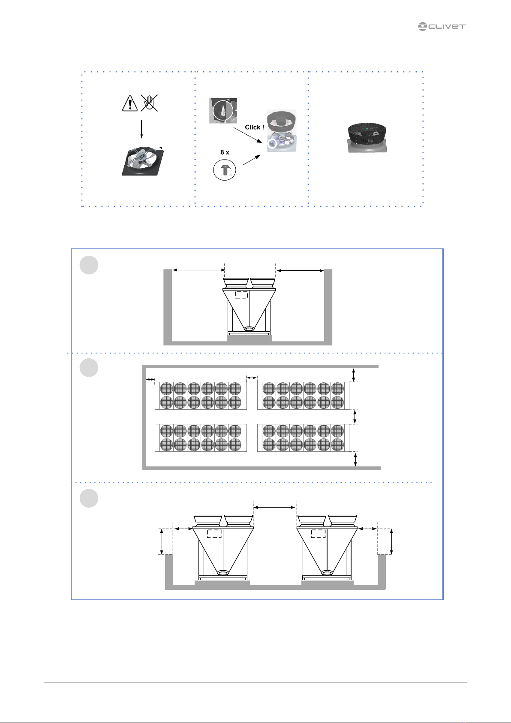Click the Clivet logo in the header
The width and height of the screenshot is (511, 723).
tap(442, 27)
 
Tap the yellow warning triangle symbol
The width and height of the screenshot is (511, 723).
tap(130, 103)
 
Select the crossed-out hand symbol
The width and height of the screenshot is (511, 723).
tap(150, 103)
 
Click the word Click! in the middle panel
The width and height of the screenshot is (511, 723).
tap(254, 127)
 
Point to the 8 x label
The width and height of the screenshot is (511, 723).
tap(225, 152)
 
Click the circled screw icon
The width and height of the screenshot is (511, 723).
tap(225, 170)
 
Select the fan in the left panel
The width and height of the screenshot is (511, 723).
tap(142, 161)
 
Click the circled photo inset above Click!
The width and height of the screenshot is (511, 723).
tap(223, 111)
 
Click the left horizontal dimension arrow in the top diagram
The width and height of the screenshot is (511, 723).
tap(198, 270)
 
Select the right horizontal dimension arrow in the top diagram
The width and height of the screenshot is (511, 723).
tap(300, 270)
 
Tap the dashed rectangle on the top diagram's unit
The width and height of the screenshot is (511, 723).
tap(242, 294)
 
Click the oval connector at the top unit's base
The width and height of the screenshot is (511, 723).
tap(249, 329)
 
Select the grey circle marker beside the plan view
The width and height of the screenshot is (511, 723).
tap(89, 368)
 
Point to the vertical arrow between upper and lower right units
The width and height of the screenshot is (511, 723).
tap(354, 416)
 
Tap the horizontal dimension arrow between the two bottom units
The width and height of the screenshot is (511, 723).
tap(275, 508)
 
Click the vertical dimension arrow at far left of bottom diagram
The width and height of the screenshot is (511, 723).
tap(162, 541)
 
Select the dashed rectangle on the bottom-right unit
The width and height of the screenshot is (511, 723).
tap(319, 533)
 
